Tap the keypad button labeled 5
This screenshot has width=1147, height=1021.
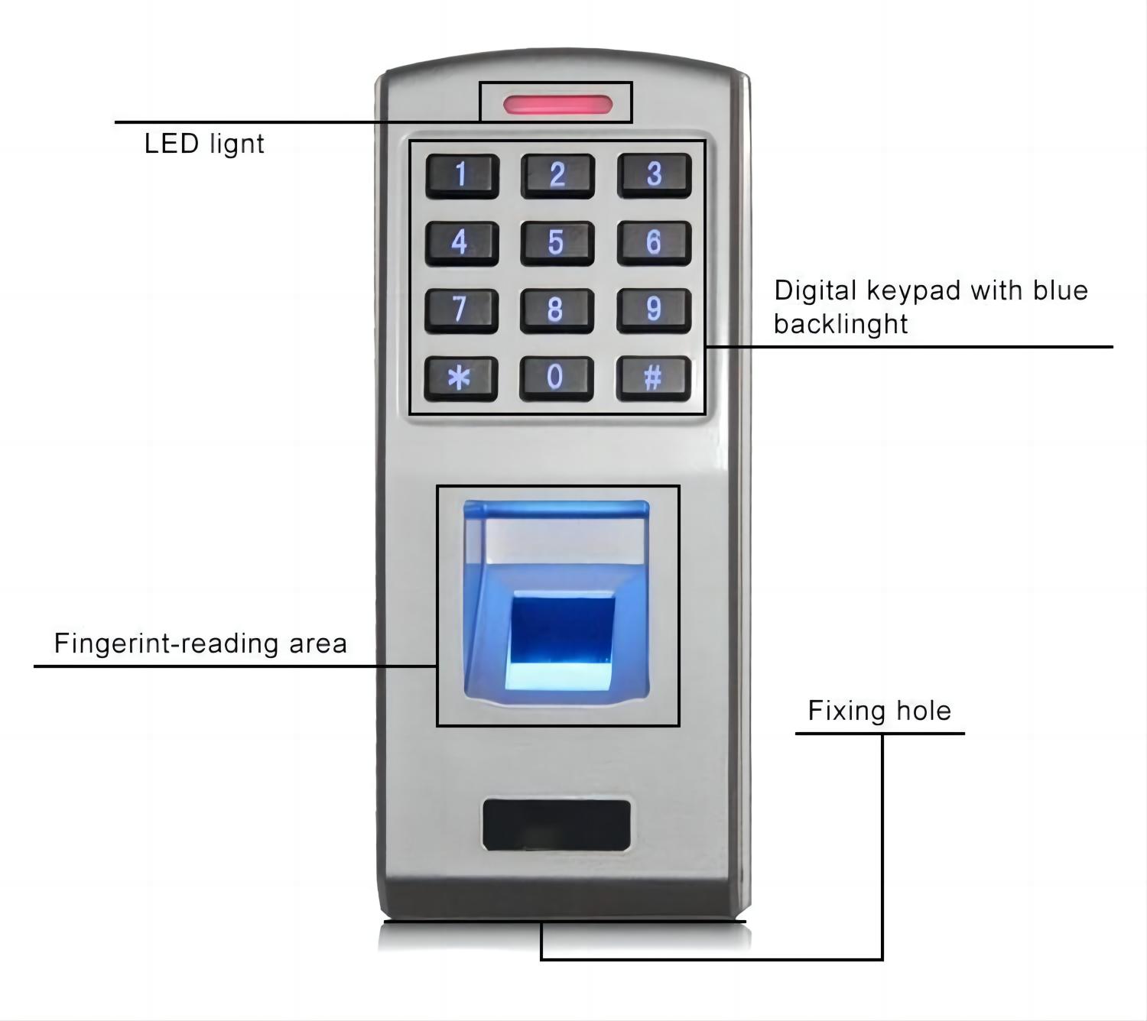coord(557,243)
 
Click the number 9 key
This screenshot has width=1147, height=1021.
coord(654,310)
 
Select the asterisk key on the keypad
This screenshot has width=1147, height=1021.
coord(461,378)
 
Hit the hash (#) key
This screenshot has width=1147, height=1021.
coord(654,378)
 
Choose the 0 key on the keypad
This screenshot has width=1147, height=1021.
coord(557,378)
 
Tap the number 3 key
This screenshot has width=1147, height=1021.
coord(654,175)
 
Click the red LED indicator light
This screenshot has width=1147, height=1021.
coord(557,105)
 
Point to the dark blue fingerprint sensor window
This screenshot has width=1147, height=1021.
coord(563,630)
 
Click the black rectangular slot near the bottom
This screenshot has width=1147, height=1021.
coord(556,825)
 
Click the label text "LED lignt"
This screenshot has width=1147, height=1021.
coord(204,144)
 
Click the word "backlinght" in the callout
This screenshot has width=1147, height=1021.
coord(840,324)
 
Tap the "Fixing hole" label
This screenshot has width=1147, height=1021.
coord(879,711)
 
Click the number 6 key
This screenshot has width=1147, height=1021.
coord(654,243)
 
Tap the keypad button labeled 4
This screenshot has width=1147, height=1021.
coord(461,243)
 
